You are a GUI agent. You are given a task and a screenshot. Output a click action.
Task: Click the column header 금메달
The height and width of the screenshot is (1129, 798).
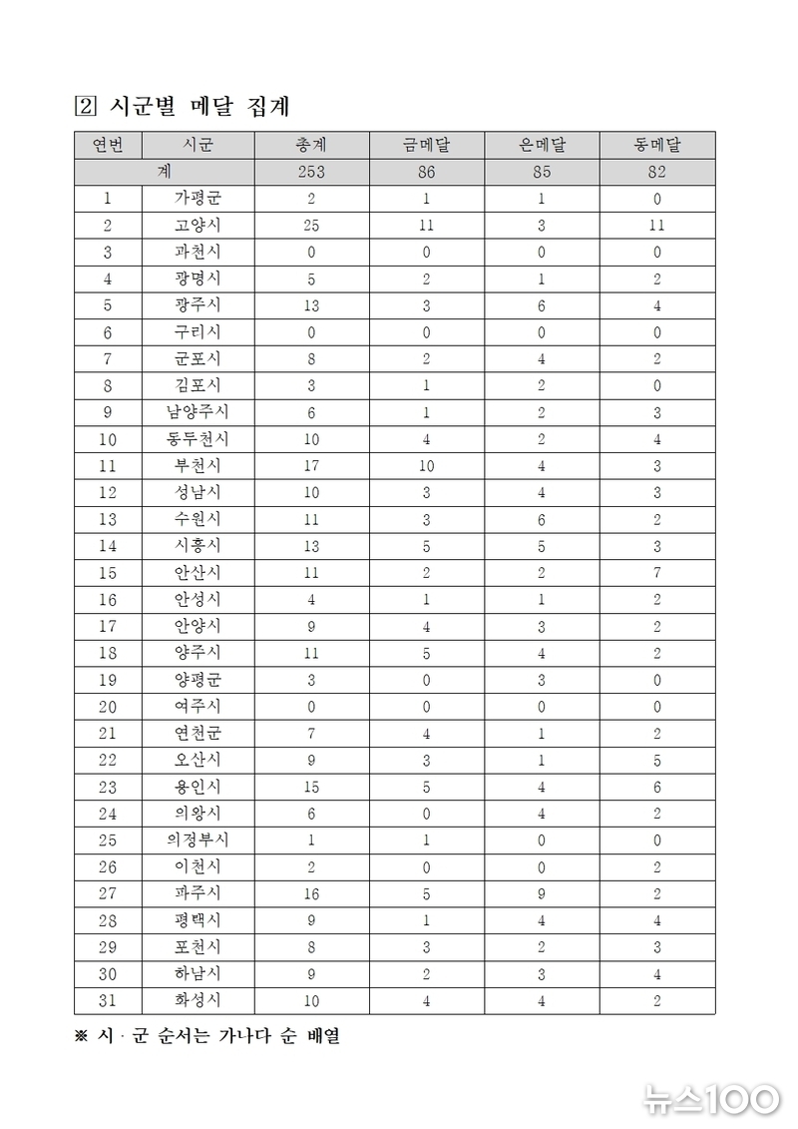pyautogui.click(x=426, y=145)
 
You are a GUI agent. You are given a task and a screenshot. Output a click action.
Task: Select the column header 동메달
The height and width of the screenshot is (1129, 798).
pyautogui.click(x=656, y=145)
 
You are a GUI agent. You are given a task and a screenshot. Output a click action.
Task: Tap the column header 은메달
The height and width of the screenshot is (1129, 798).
pyautogui.click(x=542, y=145)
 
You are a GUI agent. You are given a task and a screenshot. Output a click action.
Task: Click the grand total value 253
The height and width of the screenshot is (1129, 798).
pyautogui.click(x=311, y=172)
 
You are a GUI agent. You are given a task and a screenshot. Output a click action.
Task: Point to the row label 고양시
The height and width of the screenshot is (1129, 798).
pyautogui.click(x=197, y=226)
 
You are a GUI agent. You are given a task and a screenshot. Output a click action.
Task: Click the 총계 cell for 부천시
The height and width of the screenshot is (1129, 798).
pyautogui.click(x=311, y=465)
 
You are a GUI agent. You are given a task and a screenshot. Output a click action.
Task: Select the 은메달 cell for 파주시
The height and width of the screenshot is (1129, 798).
pyautogui.click(x=542, y=893)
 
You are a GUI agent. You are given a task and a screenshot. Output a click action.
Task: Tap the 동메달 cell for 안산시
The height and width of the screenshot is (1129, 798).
pyautogui.click(x=656, y=572)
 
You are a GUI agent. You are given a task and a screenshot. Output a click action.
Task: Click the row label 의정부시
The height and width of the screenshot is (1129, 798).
pyautogui.click(x=197, y=840)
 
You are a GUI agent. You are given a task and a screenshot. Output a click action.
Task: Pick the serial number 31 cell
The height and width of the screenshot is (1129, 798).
pyautogui.click(x=108, y=1000)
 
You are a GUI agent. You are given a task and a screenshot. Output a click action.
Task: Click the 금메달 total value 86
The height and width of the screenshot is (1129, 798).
pyautogui.click(x=426, y=172)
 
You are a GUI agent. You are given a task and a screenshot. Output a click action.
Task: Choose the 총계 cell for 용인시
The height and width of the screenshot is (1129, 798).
pyautogui.click(x=311, y=787)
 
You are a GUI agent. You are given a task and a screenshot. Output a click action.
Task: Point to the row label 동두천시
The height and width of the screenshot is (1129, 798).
pyautogui.click(x=197, y=438)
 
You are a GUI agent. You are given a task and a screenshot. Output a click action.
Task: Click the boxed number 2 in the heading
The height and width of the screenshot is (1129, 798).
pyautogui.click(x=84, y=104)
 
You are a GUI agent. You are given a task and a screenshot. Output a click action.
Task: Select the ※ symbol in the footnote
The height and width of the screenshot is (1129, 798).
pyautogui.click(x=82, y=1036)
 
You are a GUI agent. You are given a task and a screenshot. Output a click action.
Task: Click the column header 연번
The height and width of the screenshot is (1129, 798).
pyautogui.click(x=108, y=145)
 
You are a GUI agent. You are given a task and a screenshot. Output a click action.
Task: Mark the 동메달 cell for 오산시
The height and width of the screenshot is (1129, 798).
pyautogui.click(x=656, y=760)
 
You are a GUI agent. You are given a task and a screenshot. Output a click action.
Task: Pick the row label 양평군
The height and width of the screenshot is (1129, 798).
pyautogui.click(x=197, y=680)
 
